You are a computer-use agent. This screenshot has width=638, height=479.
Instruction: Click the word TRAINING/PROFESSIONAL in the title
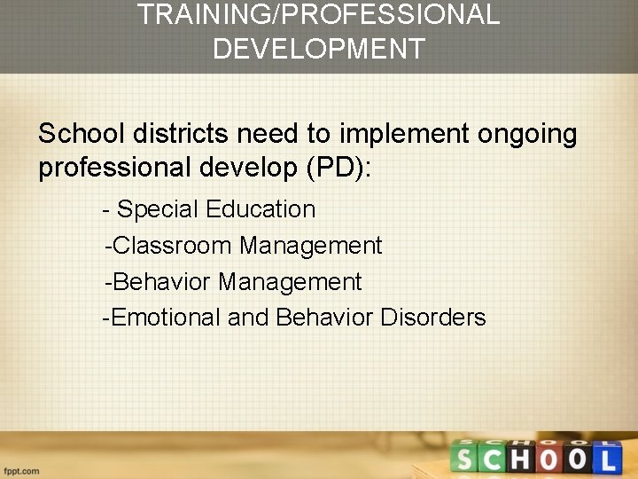[x=319, y=14]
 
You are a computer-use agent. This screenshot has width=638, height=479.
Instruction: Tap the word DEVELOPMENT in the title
[x=319, y=48]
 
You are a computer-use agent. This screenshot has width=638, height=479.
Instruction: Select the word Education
[x=261, y=209]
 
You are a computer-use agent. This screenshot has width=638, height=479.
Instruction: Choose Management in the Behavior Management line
[x=290, y=282]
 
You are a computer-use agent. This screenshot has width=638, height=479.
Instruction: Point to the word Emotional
[x=167, y=318]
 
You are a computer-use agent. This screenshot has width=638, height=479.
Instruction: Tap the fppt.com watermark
[x=21, y=470]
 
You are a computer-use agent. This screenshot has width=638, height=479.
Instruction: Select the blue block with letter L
[x=607, y=459]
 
